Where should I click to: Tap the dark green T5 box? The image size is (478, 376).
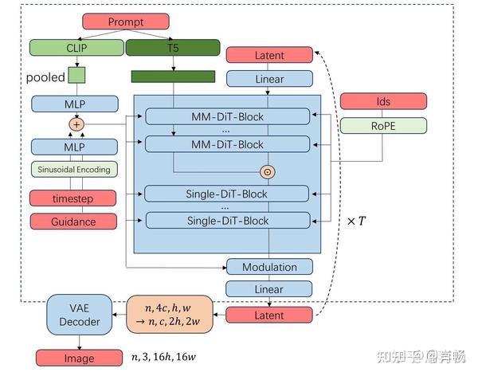[x=172, y=47]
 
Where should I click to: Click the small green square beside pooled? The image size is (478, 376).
[x=76, y=76]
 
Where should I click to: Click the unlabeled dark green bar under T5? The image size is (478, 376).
[x=172, y=76]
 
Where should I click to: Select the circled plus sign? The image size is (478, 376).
[x=76, y=123]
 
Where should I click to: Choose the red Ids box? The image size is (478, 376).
[x=384, y=101]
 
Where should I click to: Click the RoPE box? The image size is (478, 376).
[x=384, y=125]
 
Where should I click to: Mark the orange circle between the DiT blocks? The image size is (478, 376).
[x=268, y=171]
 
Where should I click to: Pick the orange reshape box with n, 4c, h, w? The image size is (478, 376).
[x=171, y=314]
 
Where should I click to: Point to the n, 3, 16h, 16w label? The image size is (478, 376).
[x=164, y=358]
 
